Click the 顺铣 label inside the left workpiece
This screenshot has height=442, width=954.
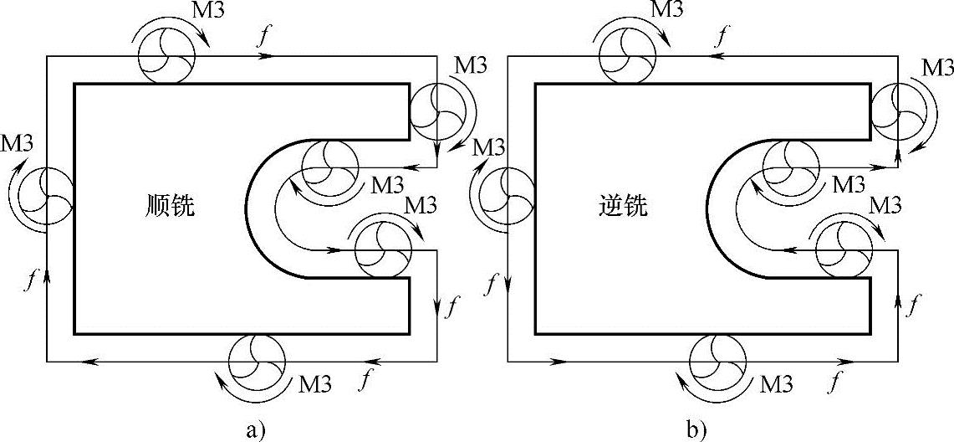169,206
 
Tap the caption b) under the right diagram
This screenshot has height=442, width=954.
696,430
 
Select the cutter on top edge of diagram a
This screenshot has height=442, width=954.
166,57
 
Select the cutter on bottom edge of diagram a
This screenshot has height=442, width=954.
258,361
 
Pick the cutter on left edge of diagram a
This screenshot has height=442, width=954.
46,197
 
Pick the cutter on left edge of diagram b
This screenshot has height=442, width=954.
508,197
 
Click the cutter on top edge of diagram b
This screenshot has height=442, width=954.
627,57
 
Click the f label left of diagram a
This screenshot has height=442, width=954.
32,280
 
